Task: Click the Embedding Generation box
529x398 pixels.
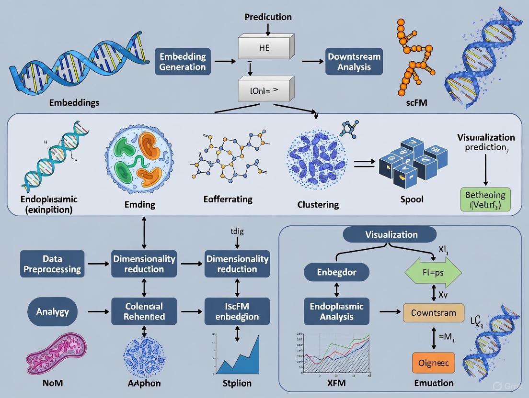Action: (x=183, y=62)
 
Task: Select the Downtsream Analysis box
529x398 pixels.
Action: (x=354, y=62)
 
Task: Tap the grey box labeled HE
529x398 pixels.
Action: (x=264, y=47)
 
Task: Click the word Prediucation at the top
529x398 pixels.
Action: (x=268, y=17)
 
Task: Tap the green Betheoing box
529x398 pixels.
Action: (x=486, y=200)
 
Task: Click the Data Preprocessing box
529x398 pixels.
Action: (x=52, y=264)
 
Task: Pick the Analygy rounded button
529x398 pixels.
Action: (x=53, y=311)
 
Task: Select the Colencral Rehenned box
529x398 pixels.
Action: (x=144, y=311)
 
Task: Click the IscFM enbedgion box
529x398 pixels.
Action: (x=237, y=311)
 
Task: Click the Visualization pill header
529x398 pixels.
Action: (x=391, y=234)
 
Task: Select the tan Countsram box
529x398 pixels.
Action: (x=434, y=312)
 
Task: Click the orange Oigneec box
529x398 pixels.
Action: (x=433, y=363)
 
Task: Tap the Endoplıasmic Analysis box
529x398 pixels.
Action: (x=336, y=311)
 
